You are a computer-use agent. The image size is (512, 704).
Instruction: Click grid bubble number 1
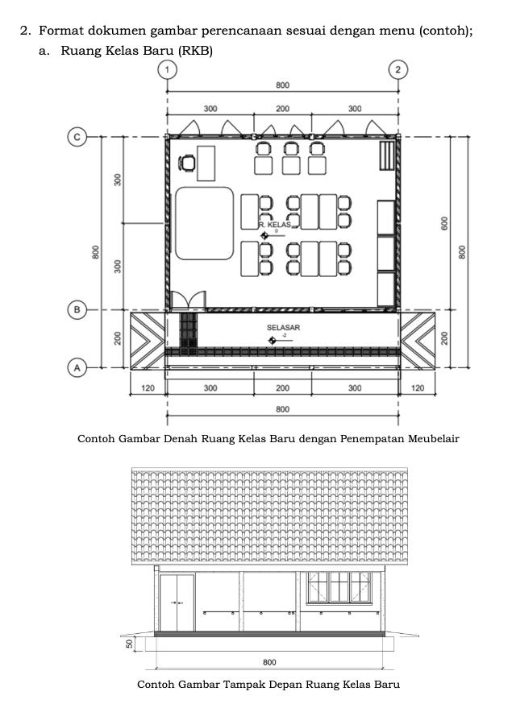click(167, 68)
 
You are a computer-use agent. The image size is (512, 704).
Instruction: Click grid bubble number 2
click(398, 68)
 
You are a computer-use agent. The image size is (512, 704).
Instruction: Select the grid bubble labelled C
click(77, 137)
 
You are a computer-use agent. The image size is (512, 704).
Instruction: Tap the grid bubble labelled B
click(77, 309)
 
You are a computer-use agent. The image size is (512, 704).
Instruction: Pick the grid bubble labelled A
click(77, 366)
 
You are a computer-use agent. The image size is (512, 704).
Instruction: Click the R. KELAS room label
click(274, 225)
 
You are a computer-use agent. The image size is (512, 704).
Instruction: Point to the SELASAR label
click(283, 328)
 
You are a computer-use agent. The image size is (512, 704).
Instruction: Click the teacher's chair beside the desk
click(187, 164)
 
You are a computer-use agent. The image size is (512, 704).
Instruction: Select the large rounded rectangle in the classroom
click(204, 223)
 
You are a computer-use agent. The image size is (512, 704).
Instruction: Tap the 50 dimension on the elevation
click(129, 643)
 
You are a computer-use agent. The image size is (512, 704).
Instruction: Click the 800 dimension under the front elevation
click(270, 662)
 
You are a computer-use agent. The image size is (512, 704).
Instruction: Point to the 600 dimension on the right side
click(443, 223)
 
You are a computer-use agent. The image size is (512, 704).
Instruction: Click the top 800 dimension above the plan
click(282, 85)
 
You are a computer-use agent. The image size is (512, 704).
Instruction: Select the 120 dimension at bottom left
click(148, 387)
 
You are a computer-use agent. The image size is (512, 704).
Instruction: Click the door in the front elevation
click(177, 602)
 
